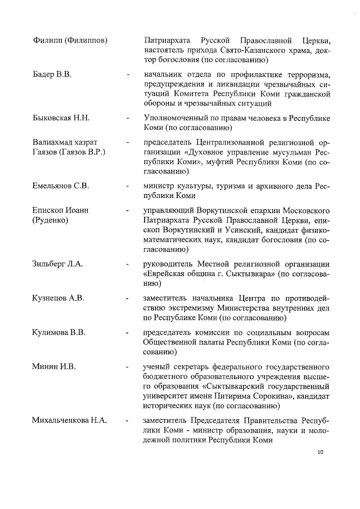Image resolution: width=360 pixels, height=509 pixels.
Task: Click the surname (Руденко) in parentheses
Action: tap(50, 220)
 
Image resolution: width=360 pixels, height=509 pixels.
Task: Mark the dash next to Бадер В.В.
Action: tap(129, 75)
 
